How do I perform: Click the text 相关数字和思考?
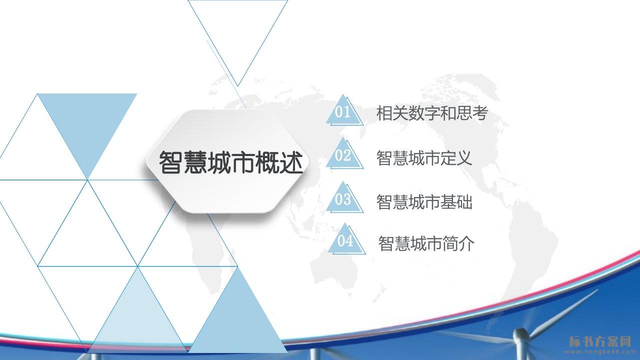[432, 113]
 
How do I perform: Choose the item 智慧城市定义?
[424, 157]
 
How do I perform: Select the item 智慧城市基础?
[424, 201]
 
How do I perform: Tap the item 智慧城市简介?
[426, 243]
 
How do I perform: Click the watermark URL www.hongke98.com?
[599, 351]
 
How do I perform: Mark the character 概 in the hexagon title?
[267, 162]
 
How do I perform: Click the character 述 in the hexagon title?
[291, 162]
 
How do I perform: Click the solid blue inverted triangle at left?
[87, 128]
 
